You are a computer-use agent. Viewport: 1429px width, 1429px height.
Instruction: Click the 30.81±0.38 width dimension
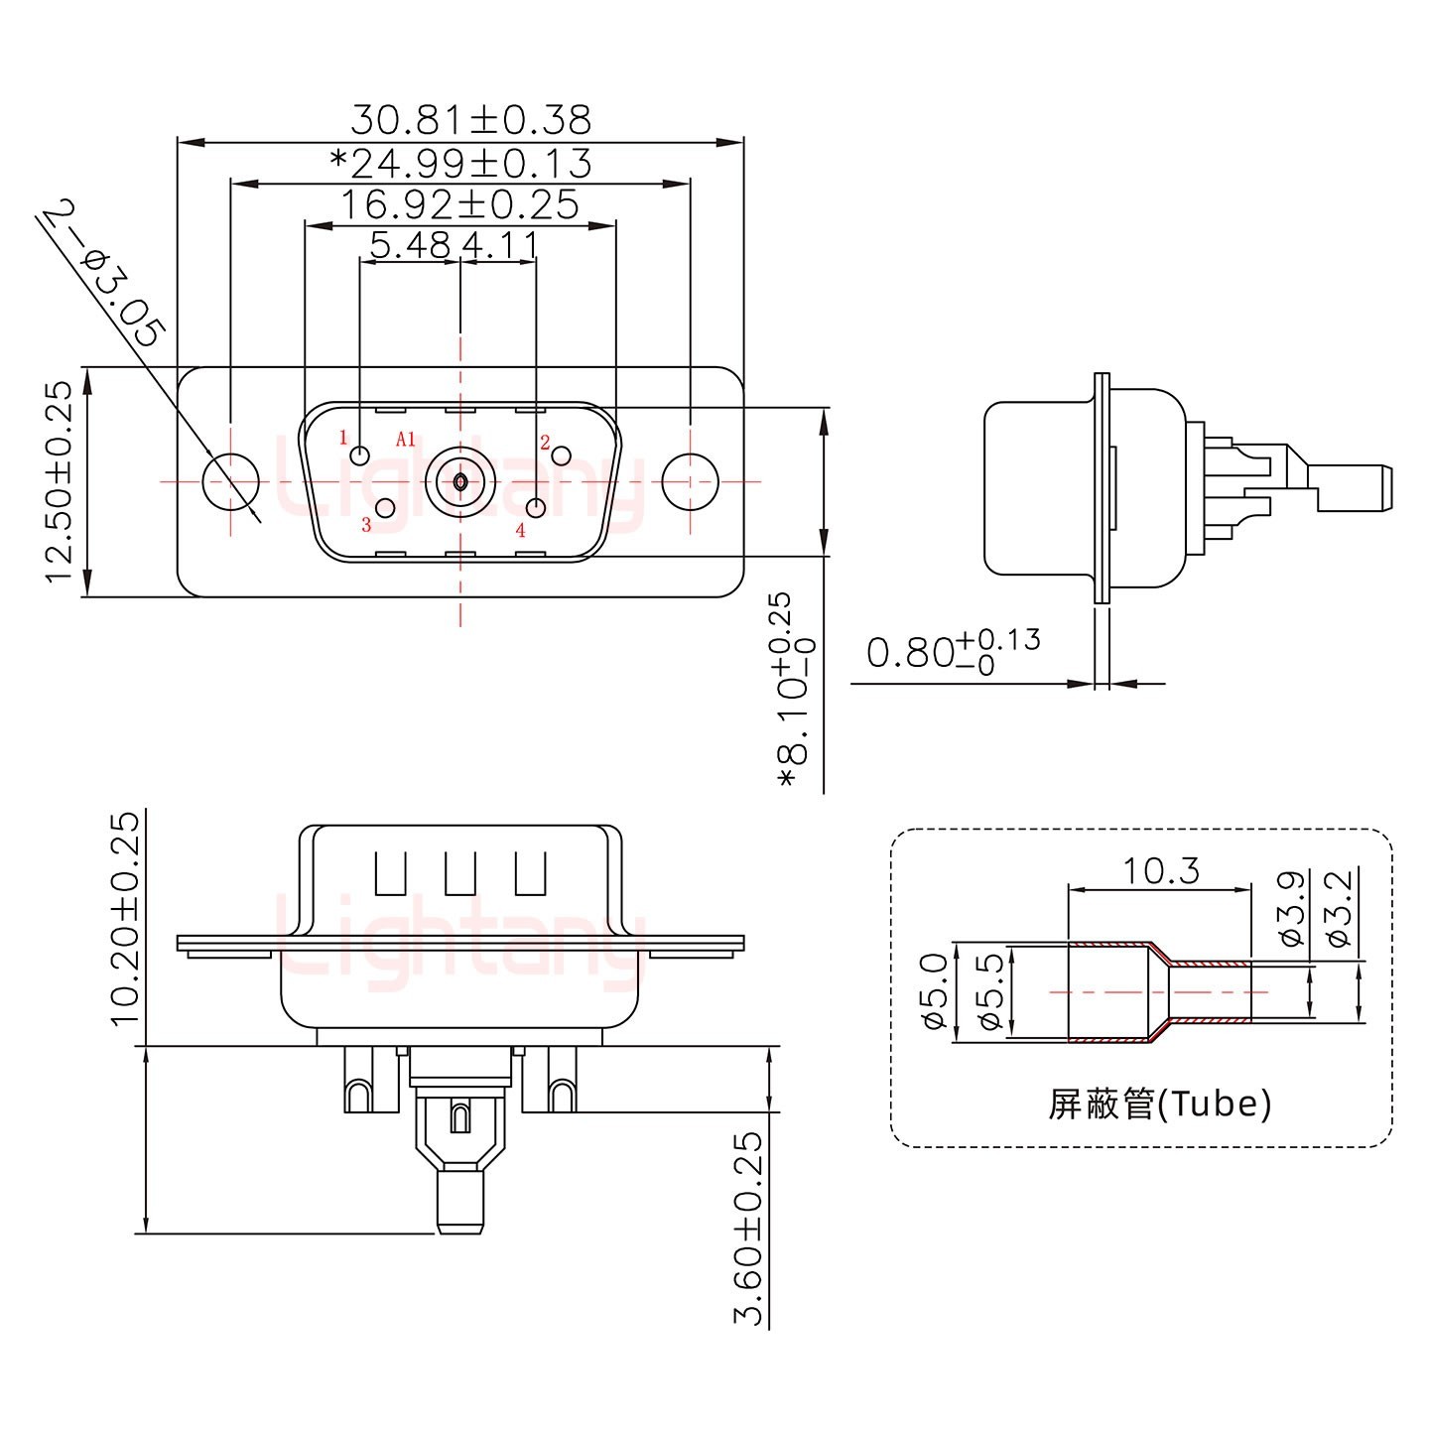coord(470,120)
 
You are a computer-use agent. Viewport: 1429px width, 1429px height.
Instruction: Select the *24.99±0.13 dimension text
coord(460,163)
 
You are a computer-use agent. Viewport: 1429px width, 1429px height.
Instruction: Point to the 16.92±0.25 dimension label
coord(459,204)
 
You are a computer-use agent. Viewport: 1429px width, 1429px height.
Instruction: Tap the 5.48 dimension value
coord(410,244)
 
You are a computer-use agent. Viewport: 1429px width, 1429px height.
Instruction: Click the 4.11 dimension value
coord(500,244)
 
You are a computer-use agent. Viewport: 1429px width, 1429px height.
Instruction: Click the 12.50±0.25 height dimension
coord(59,481)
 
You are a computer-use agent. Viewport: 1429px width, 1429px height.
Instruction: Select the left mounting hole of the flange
coord(230,481)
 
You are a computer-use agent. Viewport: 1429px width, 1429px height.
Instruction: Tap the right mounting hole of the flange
coord(690,481)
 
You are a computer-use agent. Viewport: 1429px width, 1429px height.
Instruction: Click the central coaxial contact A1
coord(459,482)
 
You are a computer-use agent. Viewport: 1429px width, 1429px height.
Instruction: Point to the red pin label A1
coord(405,439)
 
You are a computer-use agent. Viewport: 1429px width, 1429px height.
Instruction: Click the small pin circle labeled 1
coord(361,455)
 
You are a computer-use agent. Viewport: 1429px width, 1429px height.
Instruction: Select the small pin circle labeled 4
coord(537,508)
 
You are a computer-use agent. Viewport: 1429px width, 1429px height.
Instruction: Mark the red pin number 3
coord(366,525)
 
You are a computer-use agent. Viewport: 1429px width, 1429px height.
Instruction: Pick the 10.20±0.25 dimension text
coord(126,919)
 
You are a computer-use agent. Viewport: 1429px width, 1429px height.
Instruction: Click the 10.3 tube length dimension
coord(1160,870)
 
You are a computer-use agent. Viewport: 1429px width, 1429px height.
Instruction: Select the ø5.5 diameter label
coord(989,992)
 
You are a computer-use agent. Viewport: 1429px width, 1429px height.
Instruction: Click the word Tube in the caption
coord(1218,1103)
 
